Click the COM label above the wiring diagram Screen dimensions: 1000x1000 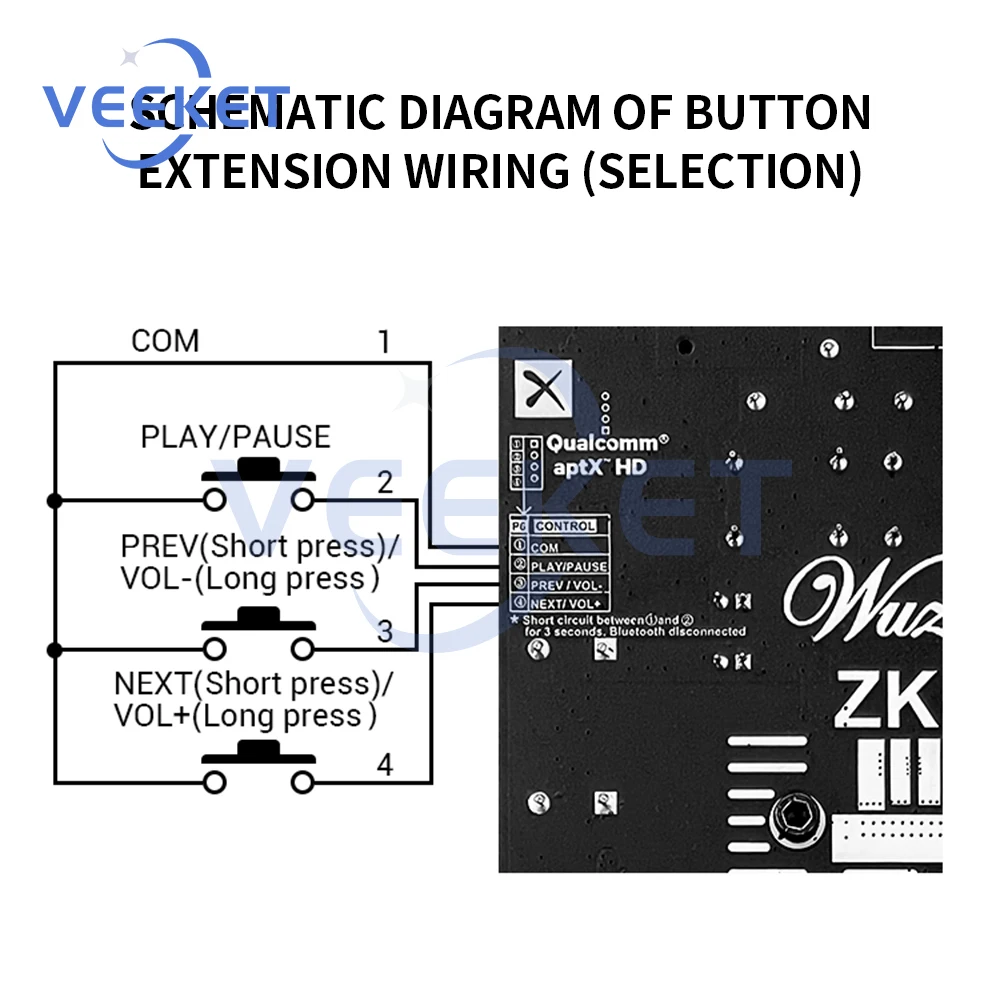pyautogui.click(x=165, y=341)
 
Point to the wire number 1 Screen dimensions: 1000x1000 pyautogui.click(x=384, y=342)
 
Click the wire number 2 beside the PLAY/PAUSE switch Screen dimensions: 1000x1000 pyautogui.click(x=385, y=483)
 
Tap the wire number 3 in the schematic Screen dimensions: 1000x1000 pyautogui.click(x=385, y=633)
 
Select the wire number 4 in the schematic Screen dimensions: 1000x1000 pyautogui.click(x=385, y=766)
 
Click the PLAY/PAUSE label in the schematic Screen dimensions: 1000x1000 pyautogui.click(x=235, y=437)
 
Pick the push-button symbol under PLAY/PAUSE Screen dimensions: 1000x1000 pyautogui.click(x=259, y=485)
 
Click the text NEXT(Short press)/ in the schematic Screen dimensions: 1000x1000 pyautogui.click(x=254, y=685)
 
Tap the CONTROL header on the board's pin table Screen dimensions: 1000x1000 pyautogui.click(x=565, y=526)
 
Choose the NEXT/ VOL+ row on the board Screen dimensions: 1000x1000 pyautogui.click(x=566, y=603)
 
